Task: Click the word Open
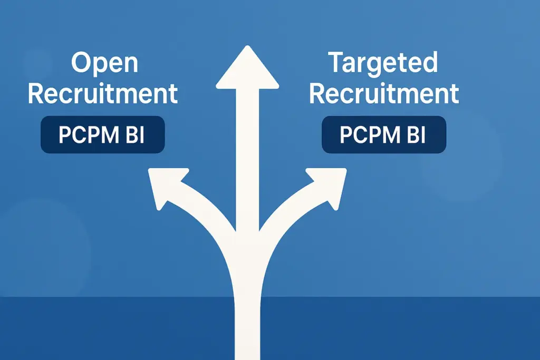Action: click(x=104, y=63)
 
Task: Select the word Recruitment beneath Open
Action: click(x=103, y=93)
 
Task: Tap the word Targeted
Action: click(x=383, y=63)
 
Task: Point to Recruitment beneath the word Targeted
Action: click(x=384, y=93)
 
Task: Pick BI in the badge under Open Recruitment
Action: click(x=134, y=135)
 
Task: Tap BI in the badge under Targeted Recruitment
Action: click(x=416, y=135)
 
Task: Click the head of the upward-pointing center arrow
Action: click(x=247, y=69)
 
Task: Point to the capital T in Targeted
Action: click(x=338, y=63)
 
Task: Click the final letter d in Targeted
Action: click(x=430, y=63)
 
